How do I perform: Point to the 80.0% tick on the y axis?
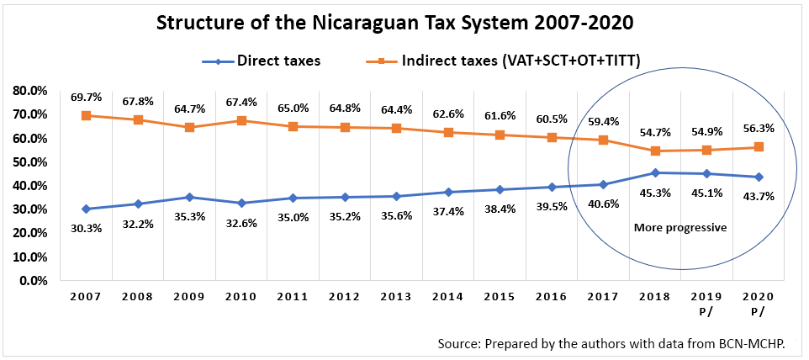pyautogui.click(x=29, y=90)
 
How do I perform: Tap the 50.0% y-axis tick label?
pyautogui.click(x=29, y=161)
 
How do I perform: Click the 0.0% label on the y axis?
pyautogui.click(x=32, y=280)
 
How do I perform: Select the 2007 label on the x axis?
pyautogui.click(x=86, y=297)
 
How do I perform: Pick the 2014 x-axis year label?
pyautogui.click(x=448, y=297)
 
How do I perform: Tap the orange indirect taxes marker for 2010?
pyautogui.click(x=241, y=120)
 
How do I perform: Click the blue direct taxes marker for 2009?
pyautogui.click(x=189, y=197)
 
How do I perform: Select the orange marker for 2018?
pyautogui.click(x=655, y=151)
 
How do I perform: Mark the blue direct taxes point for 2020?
pyautogui.click(x=759, y=177)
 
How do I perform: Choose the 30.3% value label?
pyautogui.click(x=86, y=226)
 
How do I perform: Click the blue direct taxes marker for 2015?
pyautogui.click(x=500, y=189)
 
